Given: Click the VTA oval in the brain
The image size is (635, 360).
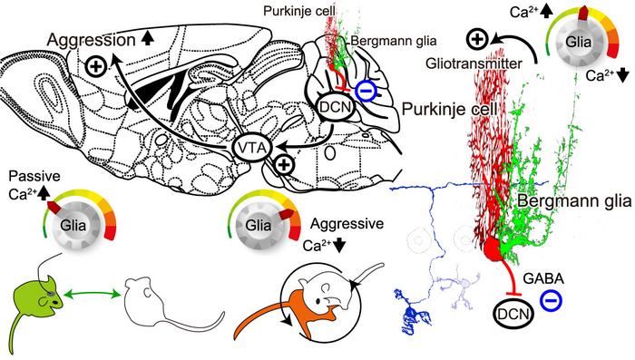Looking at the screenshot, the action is [251, 149].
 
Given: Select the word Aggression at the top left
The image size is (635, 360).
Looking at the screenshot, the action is [91, 40].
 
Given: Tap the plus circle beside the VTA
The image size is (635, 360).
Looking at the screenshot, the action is [284, 165].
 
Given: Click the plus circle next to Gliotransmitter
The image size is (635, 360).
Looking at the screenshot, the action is [478, 39].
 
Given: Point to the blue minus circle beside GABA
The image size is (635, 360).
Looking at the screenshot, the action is [551, 300].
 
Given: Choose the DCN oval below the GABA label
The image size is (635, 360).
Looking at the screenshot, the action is [513, 314].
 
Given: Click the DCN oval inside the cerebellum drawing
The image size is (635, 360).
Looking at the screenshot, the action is [337, 106].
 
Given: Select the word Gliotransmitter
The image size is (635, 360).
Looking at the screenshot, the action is [474, 63].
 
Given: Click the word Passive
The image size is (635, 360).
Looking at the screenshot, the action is [34, 177].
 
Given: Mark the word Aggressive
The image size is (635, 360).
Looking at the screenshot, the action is [347, 224].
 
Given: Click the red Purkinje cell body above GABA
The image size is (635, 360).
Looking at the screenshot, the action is [493, 248].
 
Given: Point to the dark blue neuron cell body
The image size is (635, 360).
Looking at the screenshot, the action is [410, 313].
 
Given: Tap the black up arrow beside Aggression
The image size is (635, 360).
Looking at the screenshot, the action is [147, 38].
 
